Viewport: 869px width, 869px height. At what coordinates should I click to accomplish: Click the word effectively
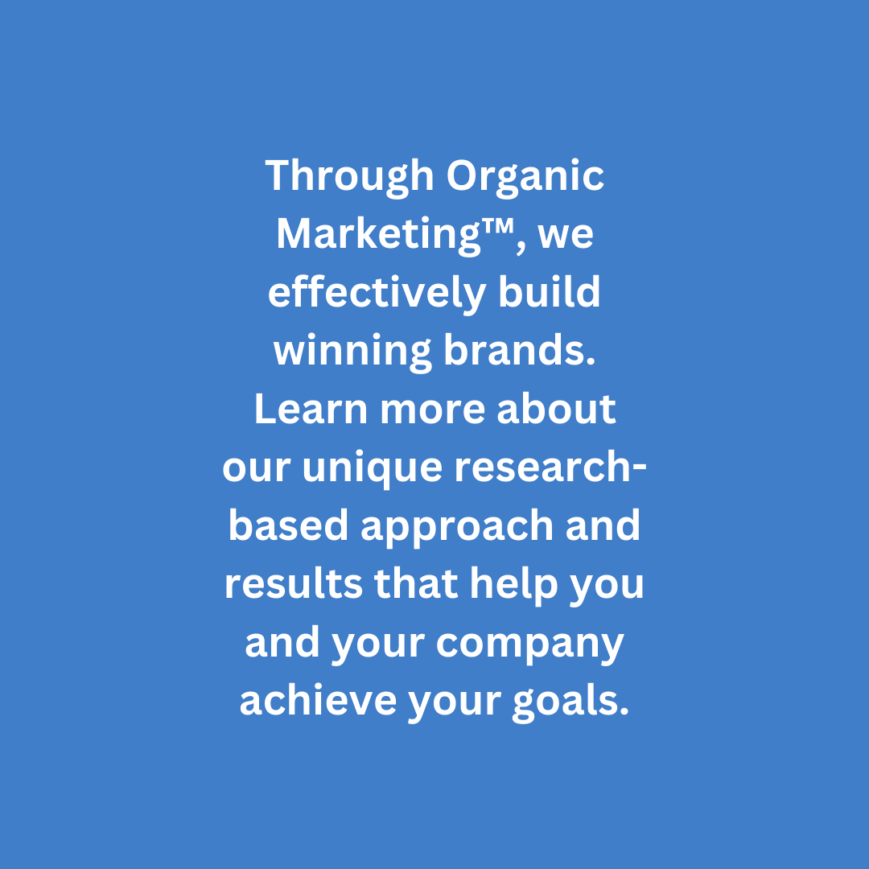[377, 294]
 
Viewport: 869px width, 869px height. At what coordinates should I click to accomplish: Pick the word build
[550, 294]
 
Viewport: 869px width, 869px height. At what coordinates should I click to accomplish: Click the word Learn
[311, 410]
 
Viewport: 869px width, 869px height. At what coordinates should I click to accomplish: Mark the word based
[288, 526]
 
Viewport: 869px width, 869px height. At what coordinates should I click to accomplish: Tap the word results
[293, 584]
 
